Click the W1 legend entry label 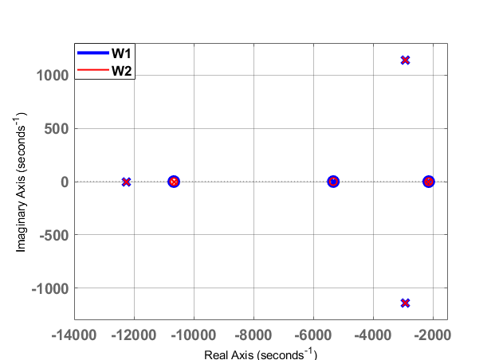[121, 53]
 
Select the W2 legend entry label [121, 72]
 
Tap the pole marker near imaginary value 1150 [405, 60]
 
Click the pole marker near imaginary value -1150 [405, 303]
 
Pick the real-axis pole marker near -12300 [126, 182]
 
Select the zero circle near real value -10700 [174, 182]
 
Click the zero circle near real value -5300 [333, 182]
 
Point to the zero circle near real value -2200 [428, 182]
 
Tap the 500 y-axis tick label [57, 129]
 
